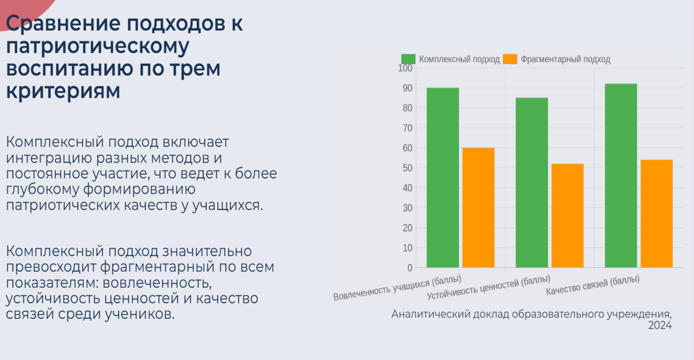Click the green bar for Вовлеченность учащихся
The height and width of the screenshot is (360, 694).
tap(442, 178)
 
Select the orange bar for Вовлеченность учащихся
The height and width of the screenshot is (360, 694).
tap(478, 208)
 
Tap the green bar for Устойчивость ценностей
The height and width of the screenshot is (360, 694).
tap(532, 182)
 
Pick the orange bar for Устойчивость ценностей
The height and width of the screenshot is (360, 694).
tap(568, 216)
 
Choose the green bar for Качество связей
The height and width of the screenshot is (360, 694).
tap(621, 175)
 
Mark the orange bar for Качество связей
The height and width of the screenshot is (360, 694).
tap(656, 213)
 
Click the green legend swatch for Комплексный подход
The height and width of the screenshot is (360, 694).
tap(408, 59)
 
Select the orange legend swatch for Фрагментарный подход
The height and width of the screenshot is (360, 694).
tap(510, 59)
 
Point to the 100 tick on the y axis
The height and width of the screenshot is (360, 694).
tap(405, 68)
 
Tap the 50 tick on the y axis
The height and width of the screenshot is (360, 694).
tap(407, 168)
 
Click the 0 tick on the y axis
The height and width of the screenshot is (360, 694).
tap(410, 268)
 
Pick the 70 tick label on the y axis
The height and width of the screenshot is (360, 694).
tap(407, 128)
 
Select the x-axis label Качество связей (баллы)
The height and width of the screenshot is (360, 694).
tap(592, 285)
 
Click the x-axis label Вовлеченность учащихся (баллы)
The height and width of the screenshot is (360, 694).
tap(397, 288)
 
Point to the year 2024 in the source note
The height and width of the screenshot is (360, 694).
tap(660, 325)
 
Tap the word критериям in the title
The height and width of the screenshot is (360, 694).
tap(63, 91)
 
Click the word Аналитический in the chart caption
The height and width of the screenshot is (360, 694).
tap(430, 314)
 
